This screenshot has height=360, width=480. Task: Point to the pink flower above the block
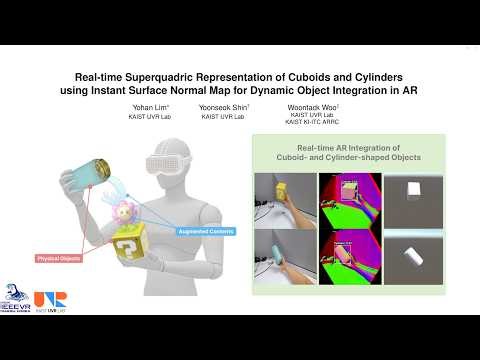point(125,212)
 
